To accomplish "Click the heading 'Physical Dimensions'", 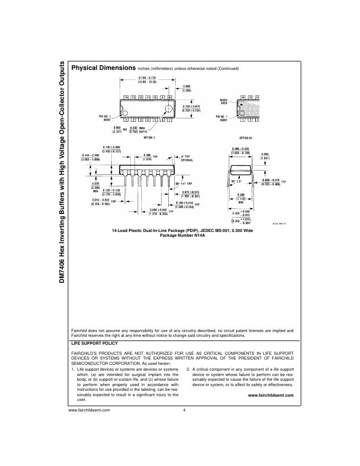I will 103,68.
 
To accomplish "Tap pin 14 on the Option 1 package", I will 125,97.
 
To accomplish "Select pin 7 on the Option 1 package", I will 170,120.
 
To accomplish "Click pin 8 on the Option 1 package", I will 169,97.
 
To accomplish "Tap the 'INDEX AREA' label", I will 223,101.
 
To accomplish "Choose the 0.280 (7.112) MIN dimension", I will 240,198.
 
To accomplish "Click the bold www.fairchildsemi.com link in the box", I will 271,395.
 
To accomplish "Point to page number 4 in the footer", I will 184,410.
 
